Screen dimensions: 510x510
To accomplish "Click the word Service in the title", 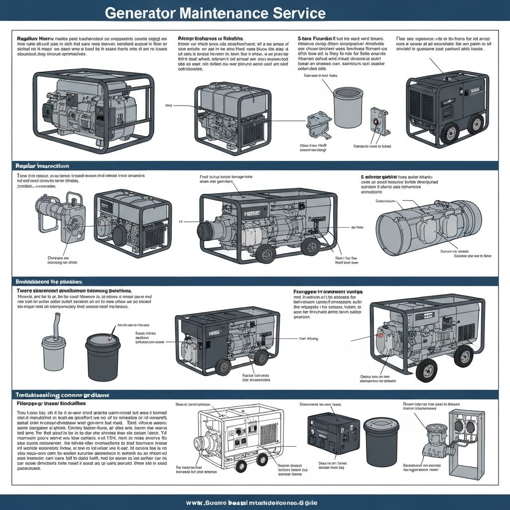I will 299,12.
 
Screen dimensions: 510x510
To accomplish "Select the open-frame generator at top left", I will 94,109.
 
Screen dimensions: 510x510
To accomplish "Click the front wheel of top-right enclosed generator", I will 450,132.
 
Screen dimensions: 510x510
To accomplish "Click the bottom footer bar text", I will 255,502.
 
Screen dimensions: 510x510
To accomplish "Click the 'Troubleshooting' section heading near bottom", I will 60,394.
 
